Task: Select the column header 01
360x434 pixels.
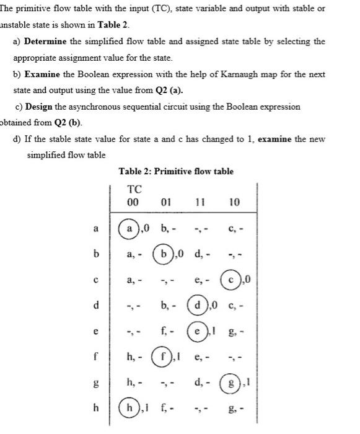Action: (165, 202)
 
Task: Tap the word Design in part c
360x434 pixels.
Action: (41, 106)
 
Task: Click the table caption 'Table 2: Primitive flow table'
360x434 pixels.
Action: (175, 171)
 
